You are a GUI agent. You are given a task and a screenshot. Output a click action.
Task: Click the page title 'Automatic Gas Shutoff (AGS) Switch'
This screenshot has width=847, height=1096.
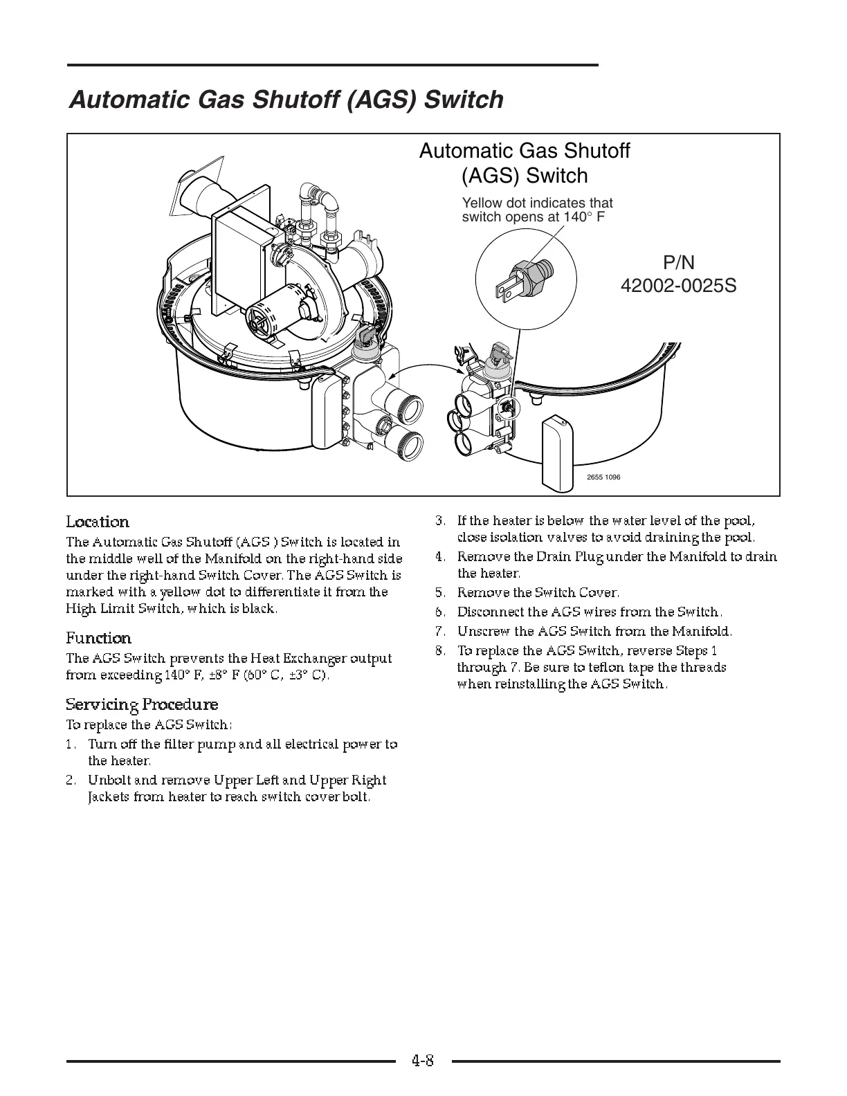click(x=286, y=100)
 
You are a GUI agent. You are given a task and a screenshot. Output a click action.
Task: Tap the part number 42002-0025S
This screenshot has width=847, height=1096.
click(x=678, y=285)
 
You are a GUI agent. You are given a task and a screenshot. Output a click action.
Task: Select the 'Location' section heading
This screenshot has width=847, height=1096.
click(x=98, y=522)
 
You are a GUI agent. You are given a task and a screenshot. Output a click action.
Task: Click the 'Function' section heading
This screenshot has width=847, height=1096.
click(x=98, y=638)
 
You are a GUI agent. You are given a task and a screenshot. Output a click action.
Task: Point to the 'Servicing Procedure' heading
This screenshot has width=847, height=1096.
click(x=142, y=704)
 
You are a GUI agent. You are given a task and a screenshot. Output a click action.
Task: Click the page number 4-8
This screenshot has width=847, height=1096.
click(x=422, y=1060)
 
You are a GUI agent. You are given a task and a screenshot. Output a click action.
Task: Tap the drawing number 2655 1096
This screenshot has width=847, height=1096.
click(x=603, y=477)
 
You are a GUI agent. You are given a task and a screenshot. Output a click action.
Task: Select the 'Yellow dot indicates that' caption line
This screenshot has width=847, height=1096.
click(x=537, y=203)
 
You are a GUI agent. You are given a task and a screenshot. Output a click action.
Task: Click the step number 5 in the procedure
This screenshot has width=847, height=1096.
click(x=439, y=593)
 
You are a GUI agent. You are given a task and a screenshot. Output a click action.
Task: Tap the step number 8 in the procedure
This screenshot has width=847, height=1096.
click(x=439, y=651)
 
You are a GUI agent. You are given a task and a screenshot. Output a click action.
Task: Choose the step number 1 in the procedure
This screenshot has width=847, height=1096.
click(x=70, y=745)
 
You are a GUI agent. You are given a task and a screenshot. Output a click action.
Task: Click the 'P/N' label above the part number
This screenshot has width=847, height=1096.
click(x=678, y=262)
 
